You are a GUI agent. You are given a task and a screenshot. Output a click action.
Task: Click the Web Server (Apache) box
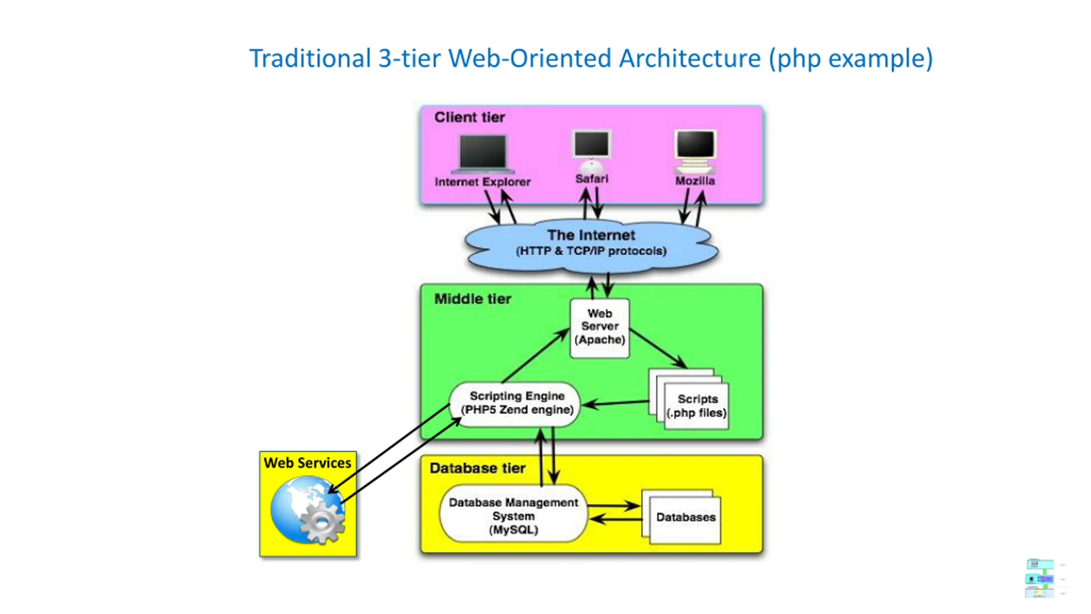[x=599, y=328]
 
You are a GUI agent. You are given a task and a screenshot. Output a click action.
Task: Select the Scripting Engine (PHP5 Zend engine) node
[x=515, y=404]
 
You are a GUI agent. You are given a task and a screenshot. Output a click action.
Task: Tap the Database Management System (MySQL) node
[x=513, y=513]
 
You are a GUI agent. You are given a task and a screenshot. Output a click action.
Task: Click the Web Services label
[x=307, y=463]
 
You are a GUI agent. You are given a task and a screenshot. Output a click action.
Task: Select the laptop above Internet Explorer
[x=483, y=154]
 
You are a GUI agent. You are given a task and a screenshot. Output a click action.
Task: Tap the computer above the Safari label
[x=592, y=151]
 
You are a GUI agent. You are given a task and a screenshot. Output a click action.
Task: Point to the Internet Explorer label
[x=482, y=182]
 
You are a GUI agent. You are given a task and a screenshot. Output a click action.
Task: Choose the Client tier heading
[x=470, y=117]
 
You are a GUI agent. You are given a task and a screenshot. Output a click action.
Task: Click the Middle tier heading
[x=473, y=299]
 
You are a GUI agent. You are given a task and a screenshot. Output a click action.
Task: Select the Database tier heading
[x=477, y=468]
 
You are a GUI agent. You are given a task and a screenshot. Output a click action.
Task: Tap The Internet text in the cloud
[x=591, y=235]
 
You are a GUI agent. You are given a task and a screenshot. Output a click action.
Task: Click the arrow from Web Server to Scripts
[x=658, y=348]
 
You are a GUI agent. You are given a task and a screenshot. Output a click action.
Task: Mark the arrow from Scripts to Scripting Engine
[x=615, y=403]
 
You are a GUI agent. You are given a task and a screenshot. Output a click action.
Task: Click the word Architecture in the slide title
[x=690, y=58]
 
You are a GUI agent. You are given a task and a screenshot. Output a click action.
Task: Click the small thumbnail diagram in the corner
[x=1040, y=578]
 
